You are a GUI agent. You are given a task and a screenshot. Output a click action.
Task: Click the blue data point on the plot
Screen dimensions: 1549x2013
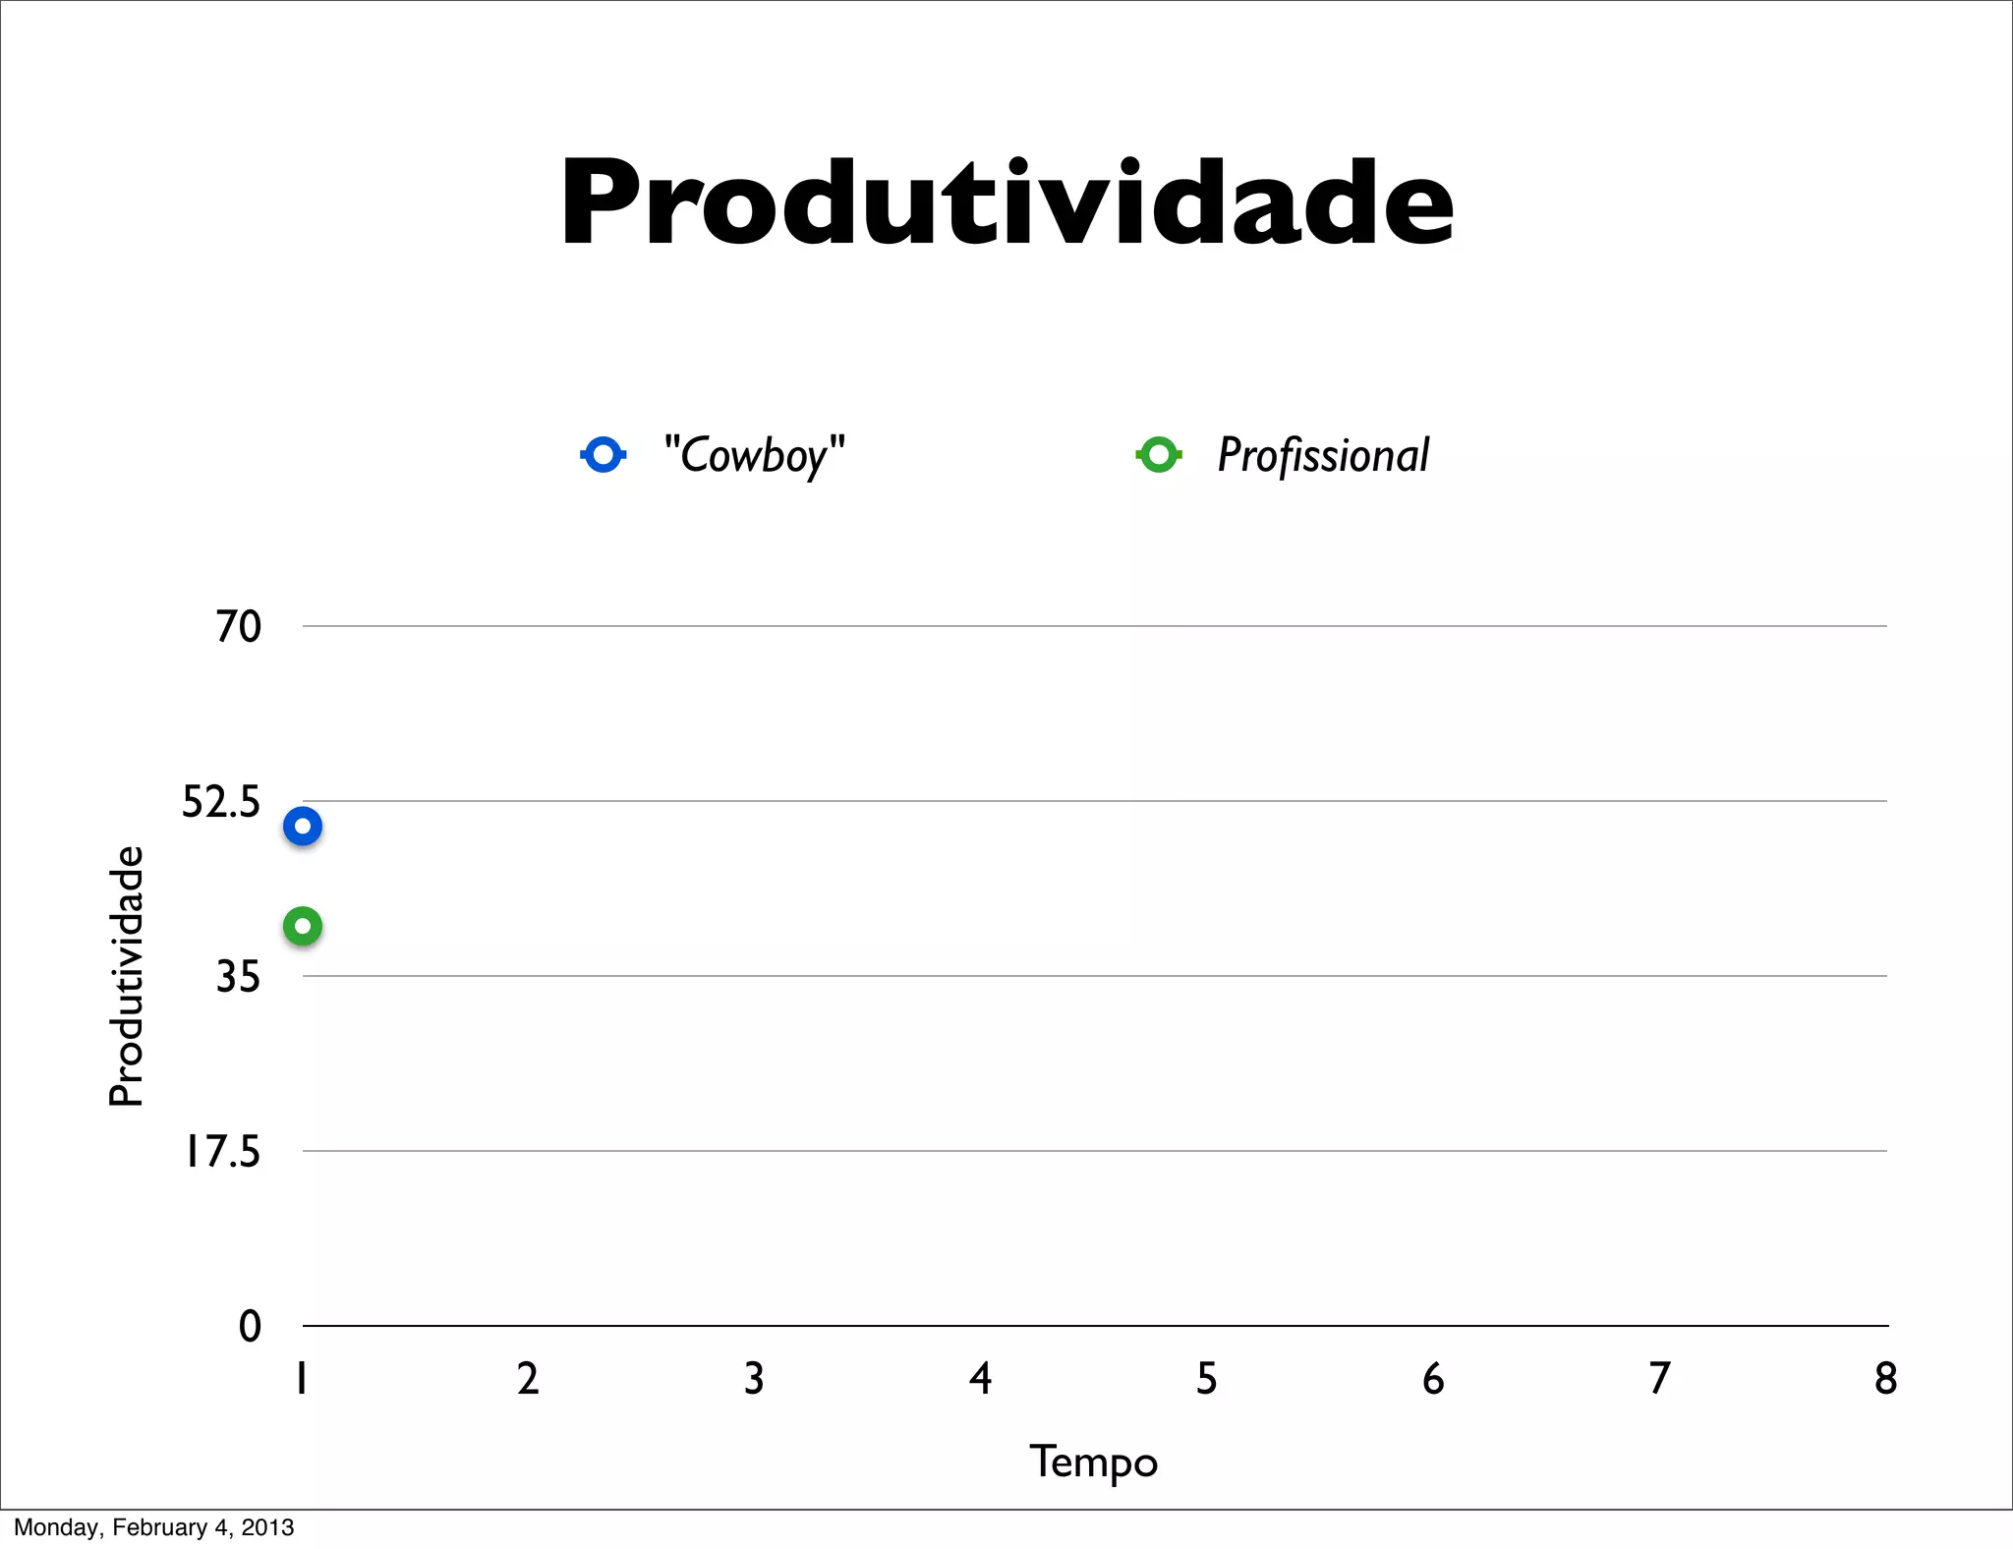coord(303,827)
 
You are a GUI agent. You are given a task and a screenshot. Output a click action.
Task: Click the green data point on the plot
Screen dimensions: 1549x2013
coord(303,926)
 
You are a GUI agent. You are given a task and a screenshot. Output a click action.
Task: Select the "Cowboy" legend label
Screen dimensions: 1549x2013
coord(754,455)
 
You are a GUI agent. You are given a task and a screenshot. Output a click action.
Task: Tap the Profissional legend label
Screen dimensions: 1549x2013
coord(1323,455)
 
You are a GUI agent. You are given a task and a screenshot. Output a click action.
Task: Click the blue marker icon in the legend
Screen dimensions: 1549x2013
coord(603,454)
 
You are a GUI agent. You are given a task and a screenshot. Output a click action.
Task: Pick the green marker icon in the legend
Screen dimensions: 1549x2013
coord(1159,454)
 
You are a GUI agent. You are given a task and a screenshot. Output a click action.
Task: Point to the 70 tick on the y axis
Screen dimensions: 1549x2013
coord(239,626)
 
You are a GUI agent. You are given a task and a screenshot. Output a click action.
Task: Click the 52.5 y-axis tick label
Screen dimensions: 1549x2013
coord(221,802)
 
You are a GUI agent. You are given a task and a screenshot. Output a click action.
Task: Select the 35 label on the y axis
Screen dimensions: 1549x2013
coord(239,977)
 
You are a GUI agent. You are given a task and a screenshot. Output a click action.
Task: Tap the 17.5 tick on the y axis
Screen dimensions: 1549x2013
coord(223,1151)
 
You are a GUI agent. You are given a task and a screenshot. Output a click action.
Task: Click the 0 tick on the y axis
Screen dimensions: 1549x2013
coord(251,1327)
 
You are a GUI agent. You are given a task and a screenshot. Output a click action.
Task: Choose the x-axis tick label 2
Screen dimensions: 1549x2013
coord(528,1379)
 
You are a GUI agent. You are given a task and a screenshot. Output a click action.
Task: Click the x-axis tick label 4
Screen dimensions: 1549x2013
coord(980,1379)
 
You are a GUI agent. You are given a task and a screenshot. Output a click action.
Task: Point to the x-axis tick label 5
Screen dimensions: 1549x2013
coord(1206,1379)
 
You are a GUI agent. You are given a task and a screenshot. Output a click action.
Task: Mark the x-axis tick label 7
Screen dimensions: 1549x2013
coord(1659,1379)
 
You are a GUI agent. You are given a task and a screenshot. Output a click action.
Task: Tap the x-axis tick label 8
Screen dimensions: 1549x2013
coord(1885,1379)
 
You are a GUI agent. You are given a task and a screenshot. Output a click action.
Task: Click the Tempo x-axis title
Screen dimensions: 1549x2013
coord(1094,1462)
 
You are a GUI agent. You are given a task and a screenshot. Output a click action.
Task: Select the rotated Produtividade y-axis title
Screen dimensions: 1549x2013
coord(127,976)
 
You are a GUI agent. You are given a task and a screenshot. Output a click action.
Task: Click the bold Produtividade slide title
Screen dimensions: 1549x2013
coord(1006,203)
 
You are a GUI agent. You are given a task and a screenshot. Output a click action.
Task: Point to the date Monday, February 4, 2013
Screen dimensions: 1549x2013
coord(154,1527)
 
